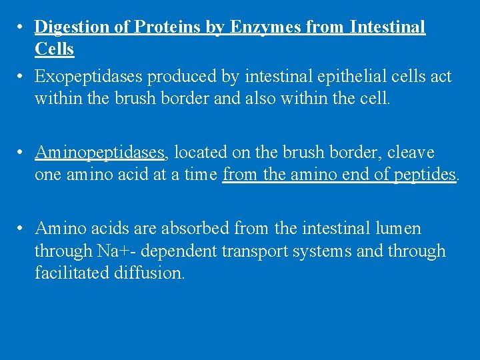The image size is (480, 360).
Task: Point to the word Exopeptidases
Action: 89,77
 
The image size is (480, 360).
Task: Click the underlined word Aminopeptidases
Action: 100,153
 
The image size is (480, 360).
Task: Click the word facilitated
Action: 70,273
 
